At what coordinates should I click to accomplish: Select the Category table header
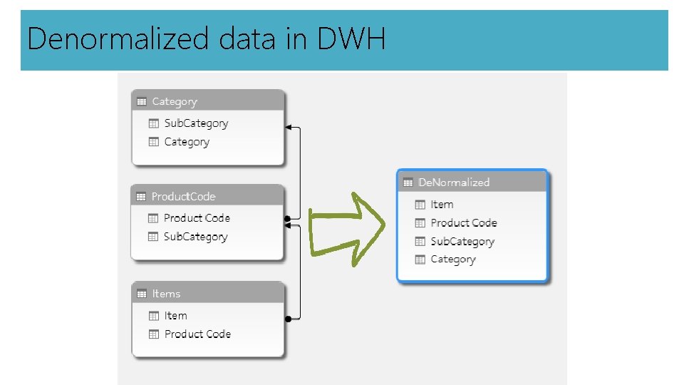click(x=175, y=101)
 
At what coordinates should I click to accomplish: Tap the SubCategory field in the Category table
click(x=196, y=123)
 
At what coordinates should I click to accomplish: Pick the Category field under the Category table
click(x=187, y=142)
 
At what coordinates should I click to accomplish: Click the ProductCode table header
click(x=183, y=196)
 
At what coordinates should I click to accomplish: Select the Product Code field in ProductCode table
click(x=197, y=218)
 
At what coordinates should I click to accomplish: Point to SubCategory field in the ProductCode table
click(x=195, y=237)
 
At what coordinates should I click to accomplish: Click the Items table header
click(x=166, y=294)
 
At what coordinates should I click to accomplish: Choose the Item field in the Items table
click(x=175, y=316)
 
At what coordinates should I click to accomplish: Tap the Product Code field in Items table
click(x=197, y=334)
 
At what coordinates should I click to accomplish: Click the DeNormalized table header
click(x=454, y=183)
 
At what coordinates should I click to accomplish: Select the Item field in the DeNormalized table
click(x=442, y=205)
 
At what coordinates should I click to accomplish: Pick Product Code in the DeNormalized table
click(x=464, y=223)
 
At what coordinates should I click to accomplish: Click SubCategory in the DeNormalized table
click(x=462, y=242)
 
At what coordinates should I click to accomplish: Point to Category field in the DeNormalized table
click(x=453, y=260)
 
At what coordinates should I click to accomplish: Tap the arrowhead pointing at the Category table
click(x=289, y=128)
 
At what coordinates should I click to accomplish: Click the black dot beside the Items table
click(x=287, y=319)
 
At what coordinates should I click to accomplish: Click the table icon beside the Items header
click(x=142, y=294)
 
